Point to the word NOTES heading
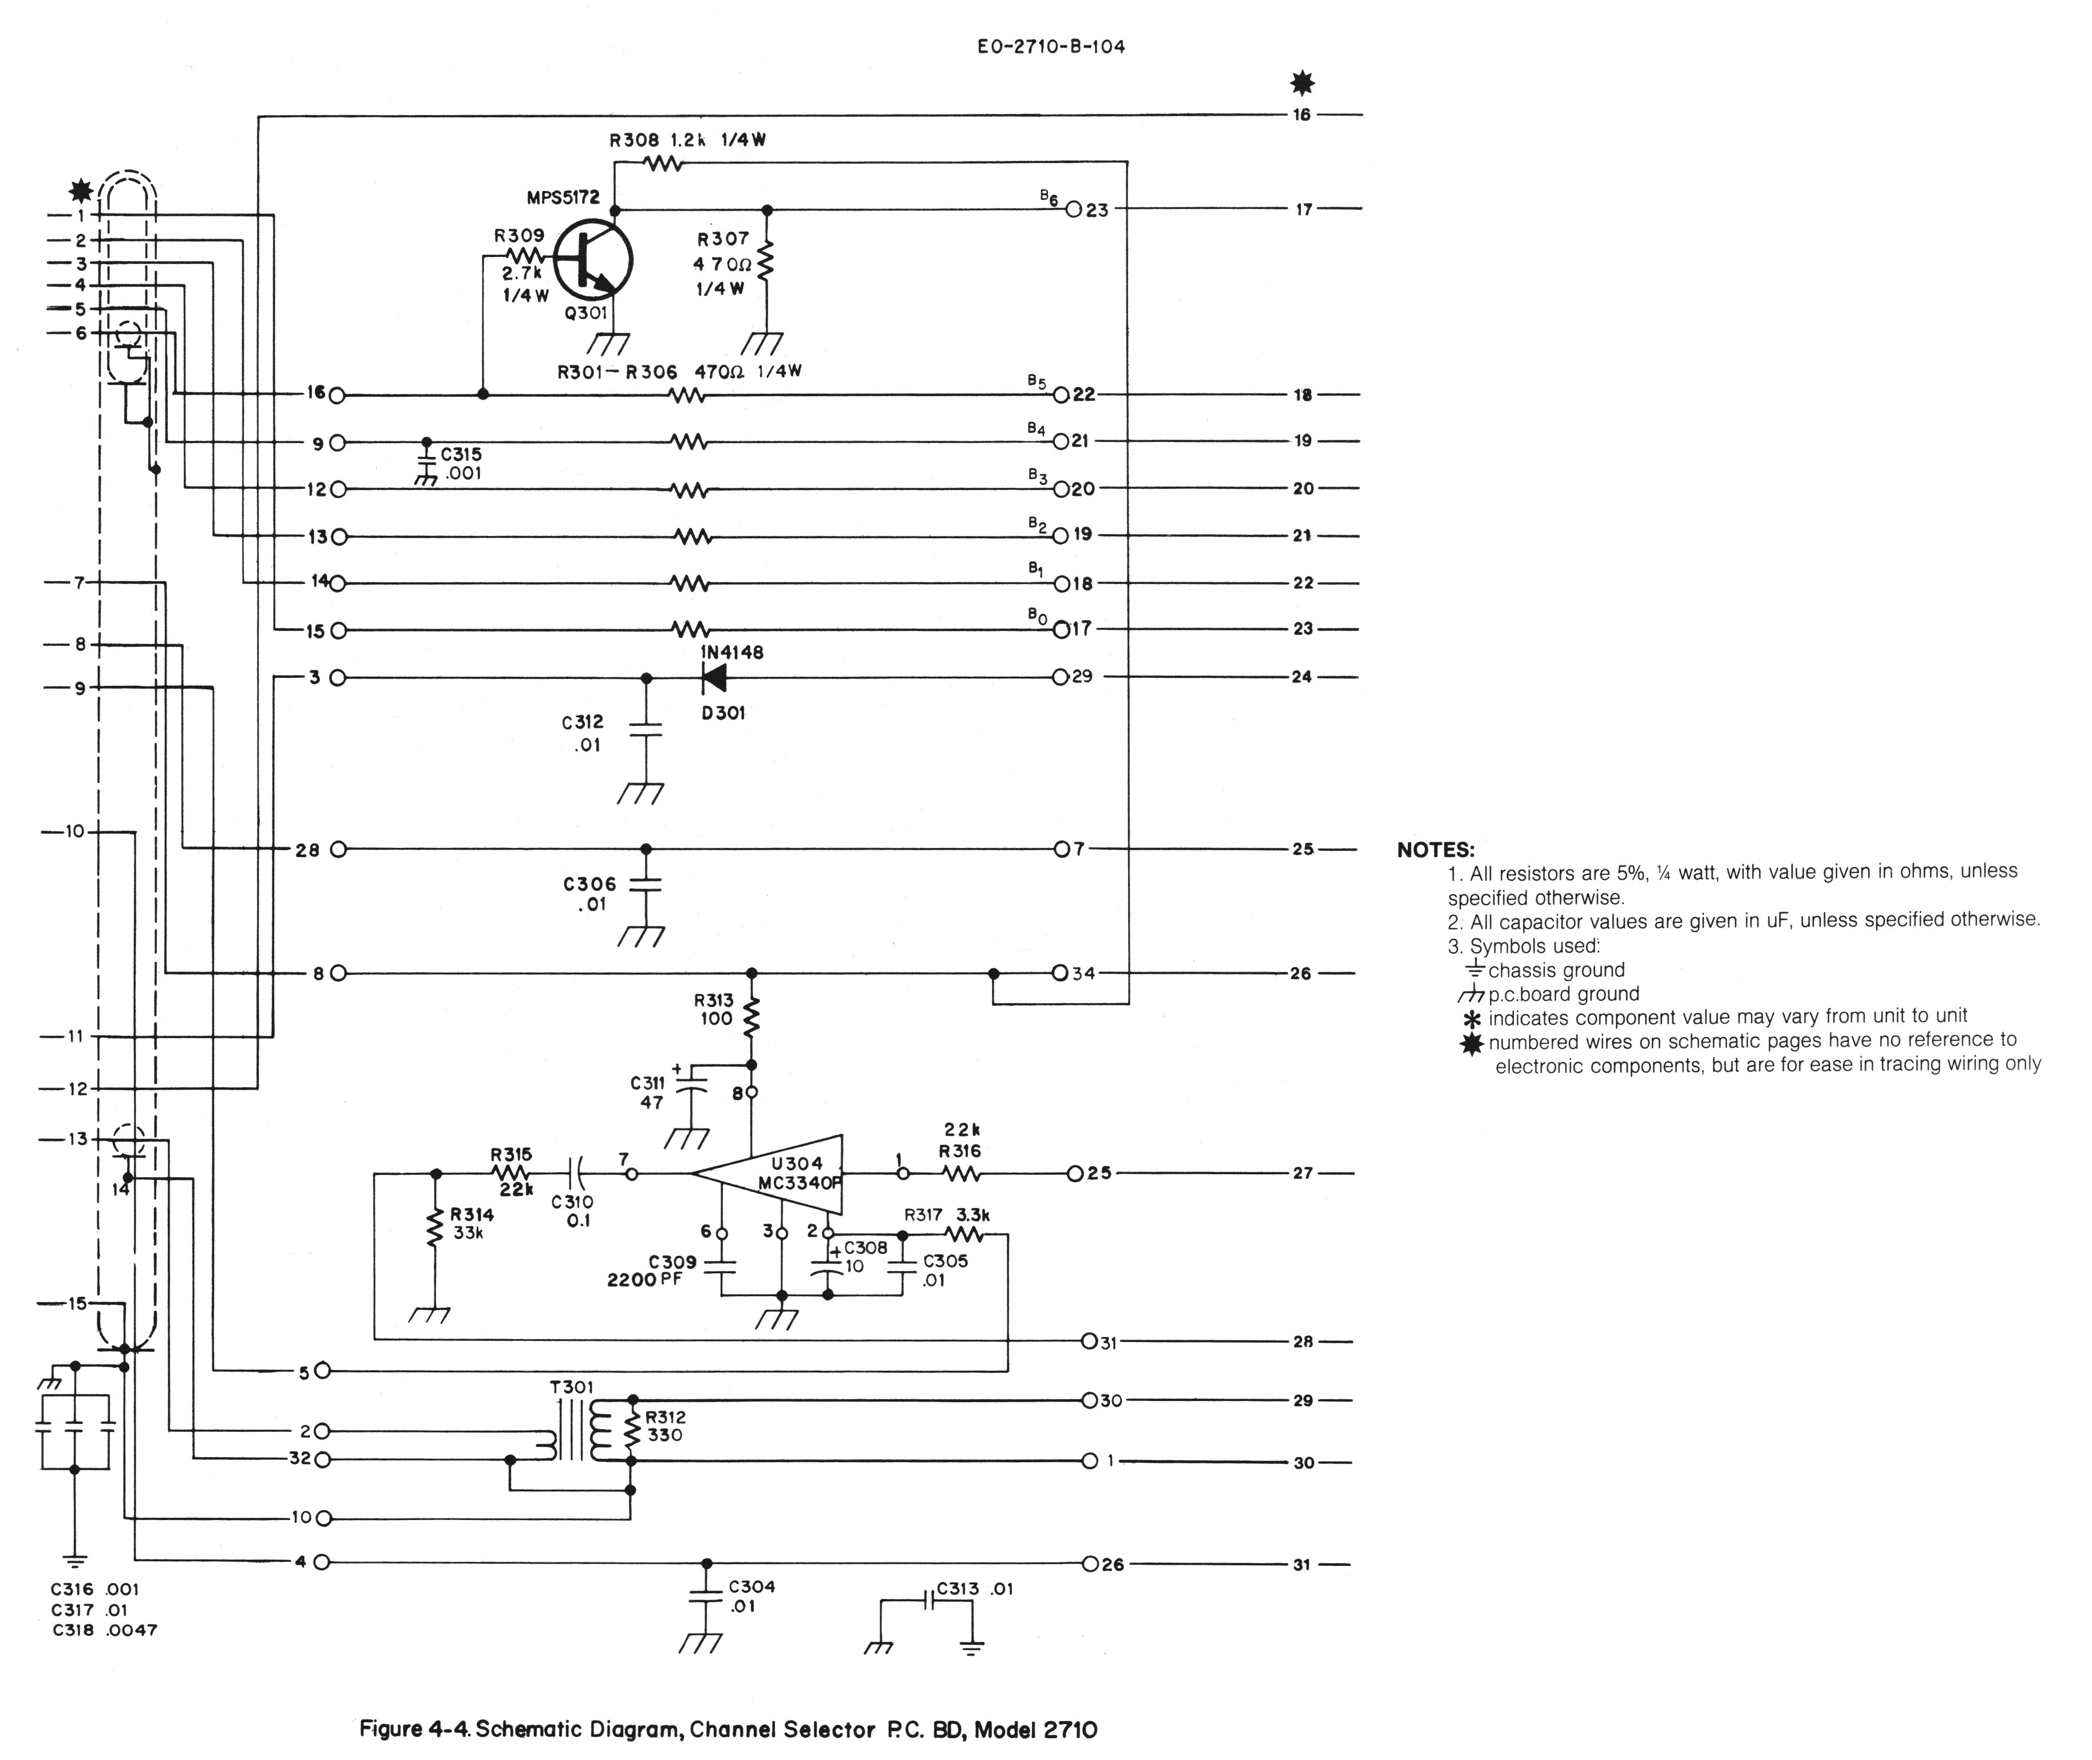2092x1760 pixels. point(1434,850)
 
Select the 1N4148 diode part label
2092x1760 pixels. point(731,653)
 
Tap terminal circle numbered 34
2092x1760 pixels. point(1061,973)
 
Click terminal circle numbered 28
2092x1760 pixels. point(338,850)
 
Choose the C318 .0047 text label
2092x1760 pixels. point(104,1630)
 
